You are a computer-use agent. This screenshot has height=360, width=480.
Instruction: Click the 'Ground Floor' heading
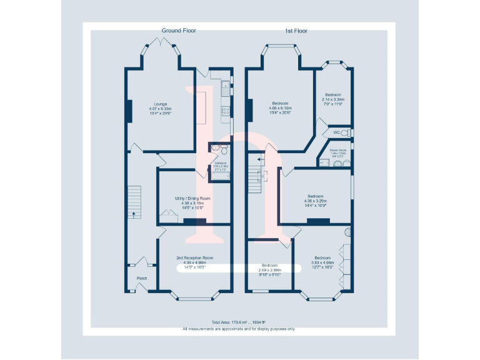point(179,31)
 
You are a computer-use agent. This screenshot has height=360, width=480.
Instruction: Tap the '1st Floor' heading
point(296,31)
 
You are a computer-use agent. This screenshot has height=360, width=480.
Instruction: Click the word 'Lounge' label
point(161,104)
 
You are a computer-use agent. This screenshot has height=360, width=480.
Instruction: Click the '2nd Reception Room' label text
point(194,257)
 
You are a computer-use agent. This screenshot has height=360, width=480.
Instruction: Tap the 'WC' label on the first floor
point(336,132)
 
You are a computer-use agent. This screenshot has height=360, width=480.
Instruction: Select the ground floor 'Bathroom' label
point(221,163)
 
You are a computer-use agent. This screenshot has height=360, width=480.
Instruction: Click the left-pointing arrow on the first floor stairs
point(260,160)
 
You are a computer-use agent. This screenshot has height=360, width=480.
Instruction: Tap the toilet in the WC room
point(347,133)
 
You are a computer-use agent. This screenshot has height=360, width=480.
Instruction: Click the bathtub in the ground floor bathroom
point(220,176)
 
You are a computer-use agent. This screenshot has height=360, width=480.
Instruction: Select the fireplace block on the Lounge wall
point(129,111)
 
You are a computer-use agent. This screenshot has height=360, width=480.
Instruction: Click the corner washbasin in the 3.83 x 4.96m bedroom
point(347,232)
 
